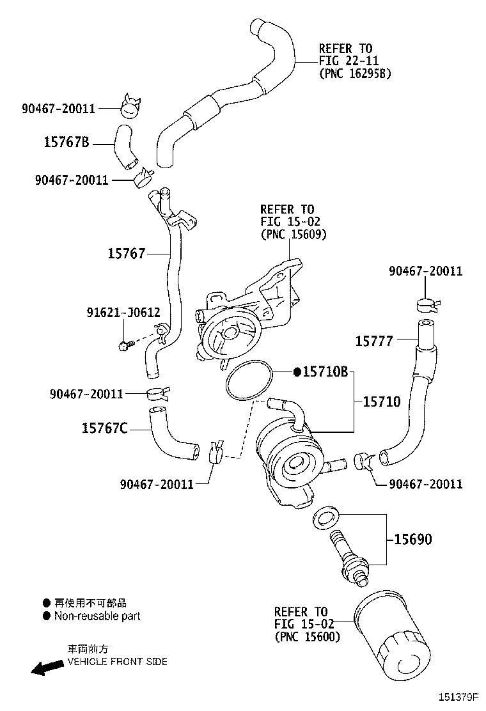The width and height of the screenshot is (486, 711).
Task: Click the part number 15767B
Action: (x=66, y=142)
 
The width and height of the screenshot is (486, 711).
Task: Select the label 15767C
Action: (x=104, y=428)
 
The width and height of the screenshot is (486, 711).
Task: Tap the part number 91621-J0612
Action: (x=123, y=313)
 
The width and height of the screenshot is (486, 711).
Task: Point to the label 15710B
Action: (x=325, y=372)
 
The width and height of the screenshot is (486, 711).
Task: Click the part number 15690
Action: (x=412, y=540)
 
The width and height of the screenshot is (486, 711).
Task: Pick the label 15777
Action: (x=374, y=341)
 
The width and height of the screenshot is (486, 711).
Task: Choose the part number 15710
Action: (x=382, y=402)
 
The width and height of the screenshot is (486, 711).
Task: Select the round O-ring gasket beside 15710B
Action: (x=249, y=382)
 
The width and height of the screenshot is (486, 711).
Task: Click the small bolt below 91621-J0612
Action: (x=125, y=345)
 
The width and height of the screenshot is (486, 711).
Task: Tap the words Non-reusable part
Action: (x=97, y=616)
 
